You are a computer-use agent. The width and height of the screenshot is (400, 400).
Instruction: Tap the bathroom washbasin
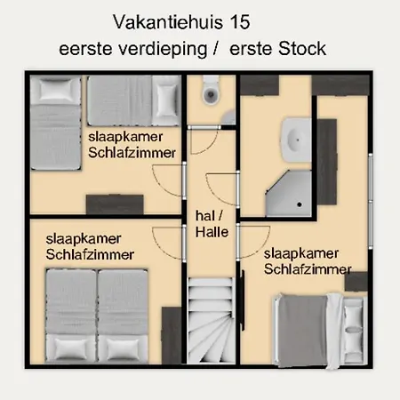point(296,140)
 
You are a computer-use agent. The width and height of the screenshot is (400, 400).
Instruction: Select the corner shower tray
point(289,193)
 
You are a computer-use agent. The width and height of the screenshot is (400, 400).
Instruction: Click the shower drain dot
point(300,204)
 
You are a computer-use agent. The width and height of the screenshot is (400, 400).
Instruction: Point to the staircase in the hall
point(211,321)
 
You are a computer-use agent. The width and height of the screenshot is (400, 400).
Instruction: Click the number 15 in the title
point(240,22)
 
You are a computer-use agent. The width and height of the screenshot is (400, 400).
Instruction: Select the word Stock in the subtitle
point(302,49)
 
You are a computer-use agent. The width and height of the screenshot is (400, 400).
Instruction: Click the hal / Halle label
point(212,224)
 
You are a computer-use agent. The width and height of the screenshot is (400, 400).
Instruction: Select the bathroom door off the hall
point(223,188)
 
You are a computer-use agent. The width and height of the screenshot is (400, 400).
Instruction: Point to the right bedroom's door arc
point(254,243)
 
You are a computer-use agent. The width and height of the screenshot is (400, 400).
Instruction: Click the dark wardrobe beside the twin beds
point(172,335)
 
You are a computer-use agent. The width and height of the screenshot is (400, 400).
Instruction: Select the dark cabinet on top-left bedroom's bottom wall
point(115,204)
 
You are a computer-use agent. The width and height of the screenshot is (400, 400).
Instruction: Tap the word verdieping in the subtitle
point(163,49)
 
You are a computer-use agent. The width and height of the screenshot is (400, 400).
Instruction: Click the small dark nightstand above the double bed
point(356,282)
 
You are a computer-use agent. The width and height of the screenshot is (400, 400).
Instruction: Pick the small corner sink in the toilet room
point(228,117)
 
